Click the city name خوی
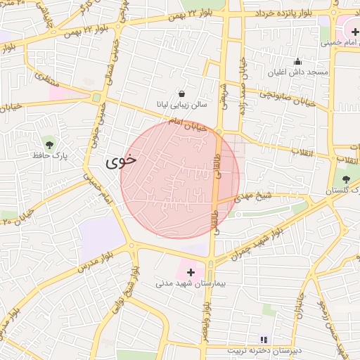click(120, 161)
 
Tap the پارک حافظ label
click(48, 155)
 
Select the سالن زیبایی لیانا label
click(182, 105)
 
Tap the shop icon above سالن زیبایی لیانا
click(182, 93)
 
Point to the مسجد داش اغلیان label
click(297, 72)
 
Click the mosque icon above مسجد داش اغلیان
click(297, 61)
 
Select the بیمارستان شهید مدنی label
click(190, 283)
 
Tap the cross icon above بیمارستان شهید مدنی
click(190, 271)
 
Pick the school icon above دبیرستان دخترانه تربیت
click(264, 339)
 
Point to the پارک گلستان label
click(343, 191)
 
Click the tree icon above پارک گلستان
click(345, 179)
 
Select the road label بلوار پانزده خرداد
click(290, 13)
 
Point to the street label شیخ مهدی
click(254, 197)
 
